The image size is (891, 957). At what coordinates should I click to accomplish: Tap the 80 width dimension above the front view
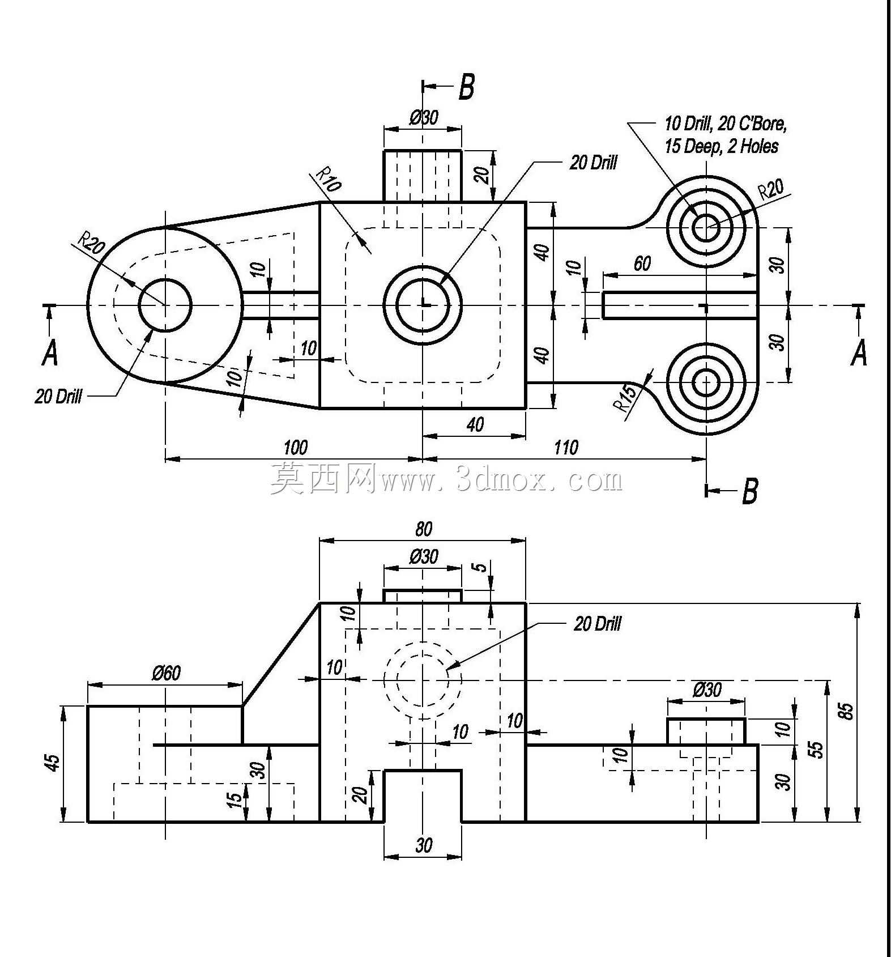423,529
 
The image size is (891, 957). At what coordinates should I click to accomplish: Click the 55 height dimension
816,749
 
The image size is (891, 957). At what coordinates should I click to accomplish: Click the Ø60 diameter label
166,673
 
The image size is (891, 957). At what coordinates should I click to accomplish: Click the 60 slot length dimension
642,263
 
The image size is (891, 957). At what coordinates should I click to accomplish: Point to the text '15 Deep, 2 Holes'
721,146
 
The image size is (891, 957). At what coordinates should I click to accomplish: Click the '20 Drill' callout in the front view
598,624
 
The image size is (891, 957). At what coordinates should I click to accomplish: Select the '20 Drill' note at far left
58,396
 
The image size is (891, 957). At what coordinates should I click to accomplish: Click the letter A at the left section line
50,354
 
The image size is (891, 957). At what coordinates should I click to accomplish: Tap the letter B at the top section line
466,87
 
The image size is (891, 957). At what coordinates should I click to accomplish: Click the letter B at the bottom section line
749,491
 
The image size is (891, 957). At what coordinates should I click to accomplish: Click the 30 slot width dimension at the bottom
423,845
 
